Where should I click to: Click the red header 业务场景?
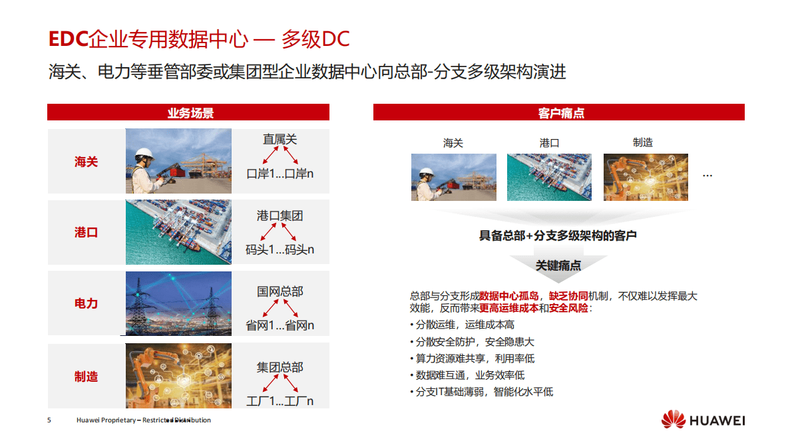point(188,113)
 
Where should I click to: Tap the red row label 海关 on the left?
point(87,162)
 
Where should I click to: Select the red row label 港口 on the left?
point(87,232)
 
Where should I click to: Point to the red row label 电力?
point(87,303)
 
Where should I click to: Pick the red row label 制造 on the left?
point(87,376)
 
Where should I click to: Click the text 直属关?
point(280,139)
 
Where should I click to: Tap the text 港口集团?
point(280,216)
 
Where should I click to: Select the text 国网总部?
point(280,291)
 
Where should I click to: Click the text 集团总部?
point(280,367)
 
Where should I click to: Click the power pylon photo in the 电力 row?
point(178,303)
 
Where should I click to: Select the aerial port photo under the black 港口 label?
point(549,177)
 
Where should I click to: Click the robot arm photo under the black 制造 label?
point(646,177)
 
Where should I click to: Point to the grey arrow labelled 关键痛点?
point(558,265)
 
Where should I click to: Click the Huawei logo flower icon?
point(673,420)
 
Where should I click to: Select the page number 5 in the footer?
point(49,420)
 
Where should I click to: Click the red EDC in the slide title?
point(68,39)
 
